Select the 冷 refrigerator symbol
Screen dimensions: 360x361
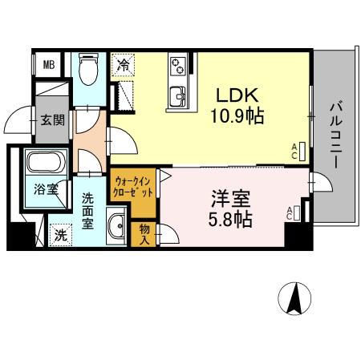[123, 65]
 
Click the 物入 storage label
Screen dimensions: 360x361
[144, 233]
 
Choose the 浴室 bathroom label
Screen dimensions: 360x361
[46, 190]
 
